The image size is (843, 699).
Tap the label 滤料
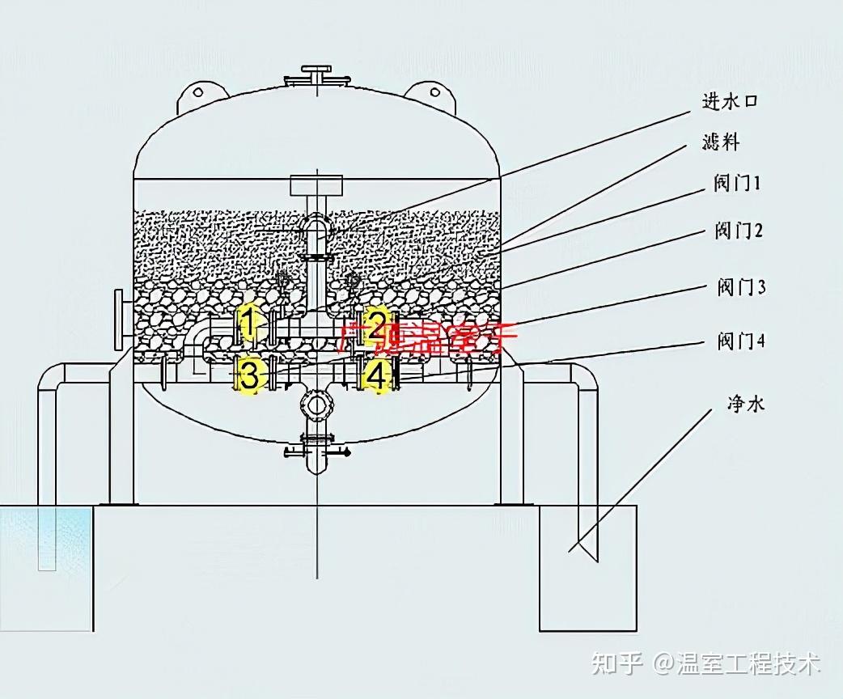click(x=720, y=144)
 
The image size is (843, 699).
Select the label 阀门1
click(x=737, y=184)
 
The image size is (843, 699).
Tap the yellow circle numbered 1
click(x=251, y=324)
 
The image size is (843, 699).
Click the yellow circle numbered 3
click(x=251, y=376)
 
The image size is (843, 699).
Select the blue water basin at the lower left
click(x=44, y=537)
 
